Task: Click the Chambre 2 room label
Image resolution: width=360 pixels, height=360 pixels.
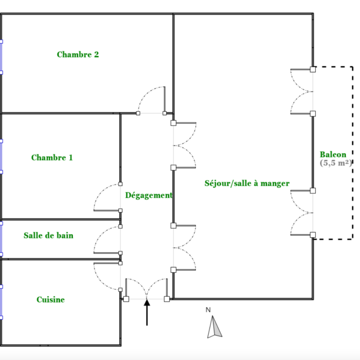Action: tap(78, 54)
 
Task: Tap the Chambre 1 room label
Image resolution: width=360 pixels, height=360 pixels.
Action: tap(52, 157)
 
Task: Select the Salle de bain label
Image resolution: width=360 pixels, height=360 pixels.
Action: tap(48, 235)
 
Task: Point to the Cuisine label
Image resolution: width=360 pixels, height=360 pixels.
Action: tap(50, 300)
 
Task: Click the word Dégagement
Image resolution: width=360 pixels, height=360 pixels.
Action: tap(149, 195)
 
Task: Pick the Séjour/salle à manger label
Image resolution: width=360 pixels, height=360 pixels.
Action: tap(247, 183)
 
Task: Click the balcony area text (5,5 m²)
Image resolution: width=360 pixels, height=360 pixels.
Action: tap(336, 163)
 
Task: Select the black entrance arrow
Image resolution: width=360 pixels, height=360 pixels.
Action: tap(147, 312)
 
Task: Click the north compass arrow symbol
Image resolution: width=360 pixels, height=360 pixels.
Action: tap(215, 327)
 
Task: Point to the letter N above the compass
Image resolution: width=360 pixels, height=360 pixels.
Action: tap(208, 310)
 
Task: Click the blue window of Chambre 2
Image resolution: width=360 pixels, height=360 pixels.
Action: tap(1, 57)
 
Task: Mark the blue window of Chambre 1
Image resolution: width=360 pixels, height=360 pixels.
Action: tap(1, 156)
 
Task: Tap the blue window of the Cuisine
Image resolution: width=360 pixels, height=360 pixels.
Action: tap(1, 302)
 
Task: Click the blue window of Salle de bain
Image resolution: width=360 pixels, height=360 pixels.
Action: tap(1, 239)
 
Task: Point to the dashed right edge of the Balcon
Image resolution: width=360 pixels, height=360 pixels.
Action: tap(353, 153)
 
